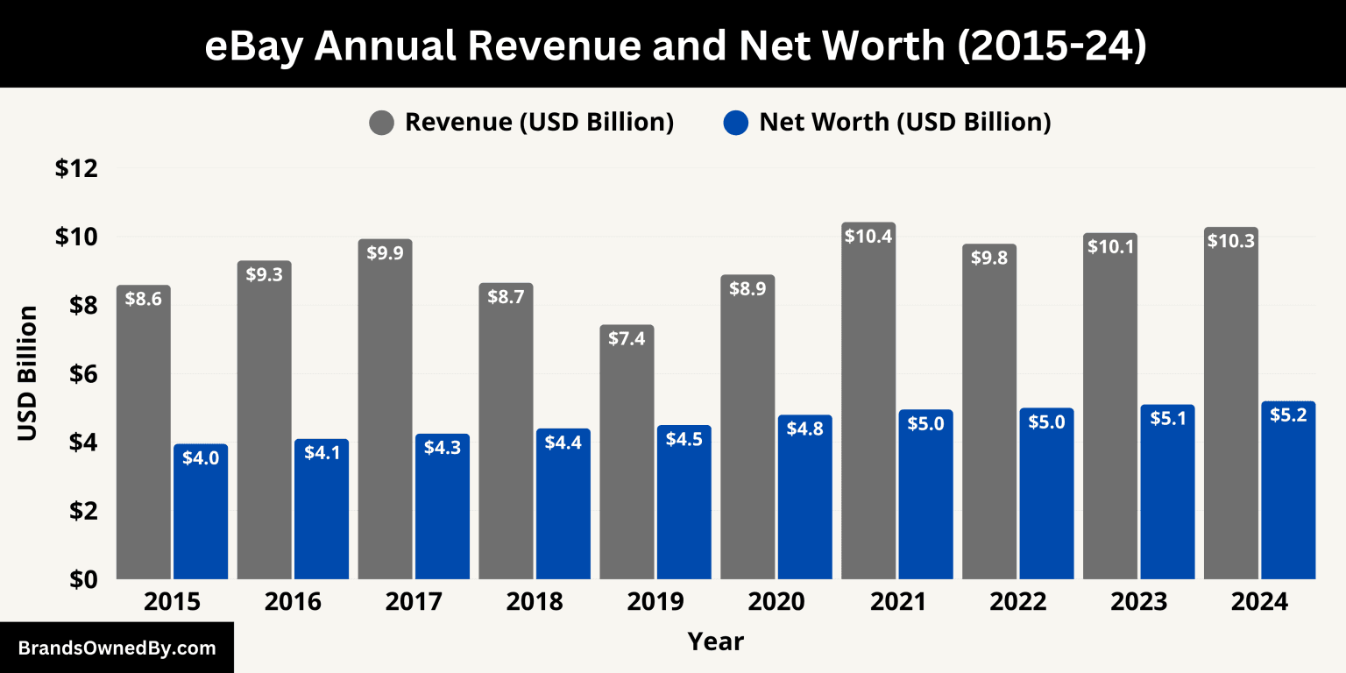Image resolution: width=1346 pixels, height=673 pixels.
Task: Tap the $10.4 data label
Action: click(868, 236)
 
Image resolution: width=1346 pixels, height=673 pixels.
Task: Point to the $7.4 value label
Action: click(627, 338)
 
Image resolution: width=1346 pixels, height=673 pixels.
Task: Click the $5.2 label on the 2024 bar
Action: click(1288, 414)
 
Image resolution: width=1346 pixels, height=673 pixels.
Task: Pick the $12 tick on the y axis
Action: click(75, 168)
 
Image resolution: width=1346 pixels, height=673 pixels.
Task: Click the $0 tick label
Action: click(80, 579)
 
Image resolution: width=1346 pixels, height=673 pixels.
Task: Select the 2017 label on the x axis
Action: click(414, 603)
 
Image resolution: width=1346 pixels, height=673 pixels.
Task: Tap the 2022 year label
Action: click(1017, 603)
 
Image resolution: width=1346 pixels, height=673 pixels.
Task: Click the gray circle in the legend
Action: click(382, 123)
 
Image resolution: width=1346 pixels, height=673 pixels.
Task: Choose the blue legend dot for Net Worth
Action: click(736, 123)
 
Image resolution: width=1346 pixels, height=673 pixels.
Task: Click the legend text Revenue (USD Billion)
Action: click(539, 123)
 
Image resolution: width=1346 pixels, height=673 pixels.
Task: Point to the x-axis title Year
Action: click(715, 641)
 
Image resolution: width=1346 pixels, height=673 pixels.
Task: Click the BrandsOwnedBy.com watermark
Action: click(117, 648)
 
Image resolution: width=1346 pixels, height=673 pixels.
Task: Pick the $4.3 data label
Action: click(443, 447)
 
